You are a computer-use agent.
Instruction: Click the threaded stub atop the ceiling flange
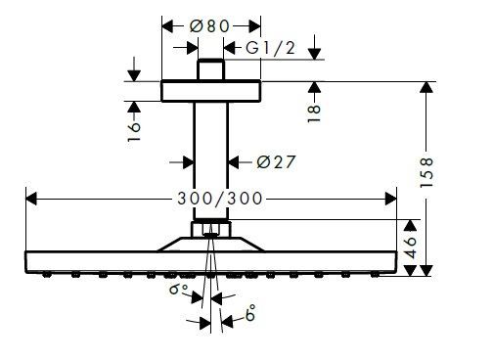click(210, 70)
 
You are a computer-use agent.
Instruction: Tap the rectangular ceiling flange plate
click(210, 90)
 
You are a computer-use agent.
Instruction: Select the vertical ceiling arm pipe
click(210, 157)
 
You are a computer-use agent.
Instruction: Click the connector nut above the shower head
click(210, 231)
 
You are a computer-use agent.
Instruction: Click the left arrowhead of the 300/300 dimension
click(29, 199)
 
